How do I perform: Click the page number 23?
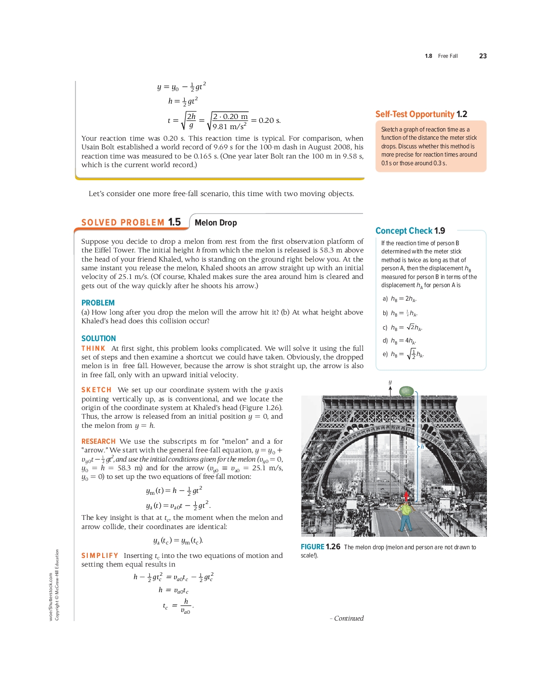(483, 56)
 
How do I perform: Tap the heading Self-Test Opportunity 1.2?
(421, 114)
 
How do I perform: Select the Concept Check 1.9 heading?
(410, 231)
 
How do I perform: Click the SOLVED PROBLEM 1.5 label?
(131, 222)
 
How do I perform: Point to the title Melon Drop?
(216, 223)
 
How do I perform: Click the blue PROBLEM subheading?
(98, 303)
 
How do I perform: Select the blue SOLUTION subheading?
(98, 338)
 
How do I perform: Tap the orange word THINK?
(93, 348)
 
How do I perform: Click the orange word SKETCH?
(96, 390)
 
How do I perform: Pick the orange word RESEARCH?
(98, 441)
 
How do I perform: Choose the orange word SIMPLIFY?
(99, 556)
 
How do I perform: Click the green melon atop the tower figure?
(407, 391)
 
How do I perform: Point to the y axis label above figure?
(390, 382)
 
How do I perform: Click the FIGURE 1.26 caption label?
(320, 547)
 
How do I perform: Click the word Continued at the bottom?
(349, 618)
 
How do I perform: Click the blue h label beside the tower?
(422, 447)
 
